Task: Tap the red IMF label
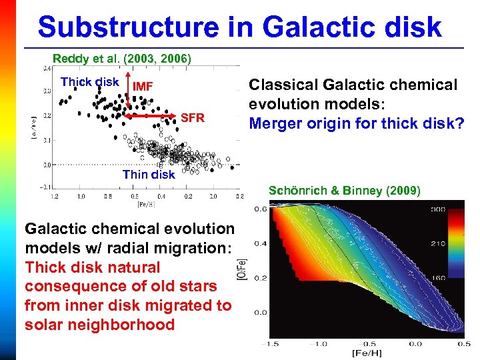pos(144,86)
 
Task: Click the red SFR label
pos(193,118)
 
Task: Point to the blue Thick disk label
pos(89,82)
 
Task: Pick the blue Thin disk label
pos(149,175)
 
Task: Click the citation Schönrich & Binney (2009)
pos(344,191)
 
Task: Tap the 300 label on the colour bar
pos(438,209)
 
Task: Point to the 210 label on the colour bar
pos(438,244)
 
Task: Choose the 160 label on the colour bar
pos(438,278)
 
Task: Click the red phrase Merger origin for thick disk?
pos(355,123)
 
